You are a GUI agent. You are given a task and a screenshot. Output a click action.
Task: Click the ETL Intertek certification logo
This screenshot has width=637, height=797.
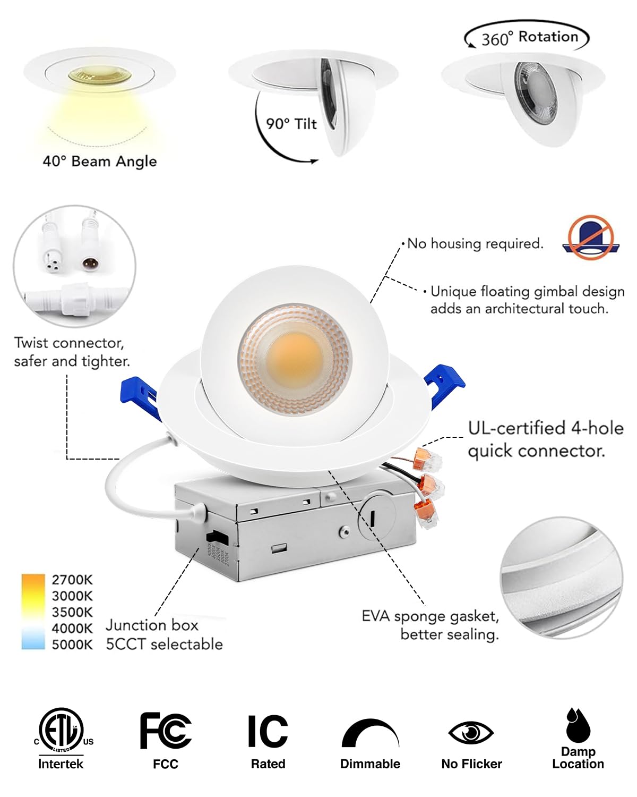61,731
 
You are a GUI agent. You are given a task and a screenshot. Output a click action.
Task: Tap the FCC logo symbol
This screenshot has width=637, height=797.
165,731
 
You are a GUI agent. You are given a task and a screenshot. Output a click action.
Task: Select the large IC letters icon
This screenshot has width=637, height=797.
268,732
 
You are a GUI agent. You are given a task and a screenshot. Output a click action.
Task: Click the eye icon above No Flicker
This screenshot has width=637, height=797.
471,733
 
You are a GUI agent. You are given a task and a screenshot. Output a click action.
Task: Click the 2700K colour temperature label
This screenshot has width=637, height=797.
72,580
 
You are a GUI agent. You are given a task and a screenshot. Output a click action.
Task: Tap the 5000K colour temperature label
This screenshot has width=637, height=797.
72,645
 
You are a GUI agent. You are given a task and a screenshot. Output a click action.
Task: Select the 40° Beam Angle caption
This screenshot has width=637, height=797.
100,161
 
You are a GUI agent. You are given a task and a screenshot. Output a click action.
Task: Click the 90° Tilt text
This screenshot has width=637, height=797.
291,124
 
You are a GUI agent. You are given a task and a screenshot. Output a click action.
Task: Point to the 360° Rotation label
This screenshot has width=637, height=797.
529,37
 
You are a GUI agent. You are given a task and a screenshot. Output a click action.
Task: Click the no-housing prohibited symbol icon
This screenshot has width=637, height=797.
590,237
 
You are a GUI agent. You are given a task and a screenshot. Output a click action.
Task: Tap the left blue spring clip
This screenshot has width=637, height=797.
141,396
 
